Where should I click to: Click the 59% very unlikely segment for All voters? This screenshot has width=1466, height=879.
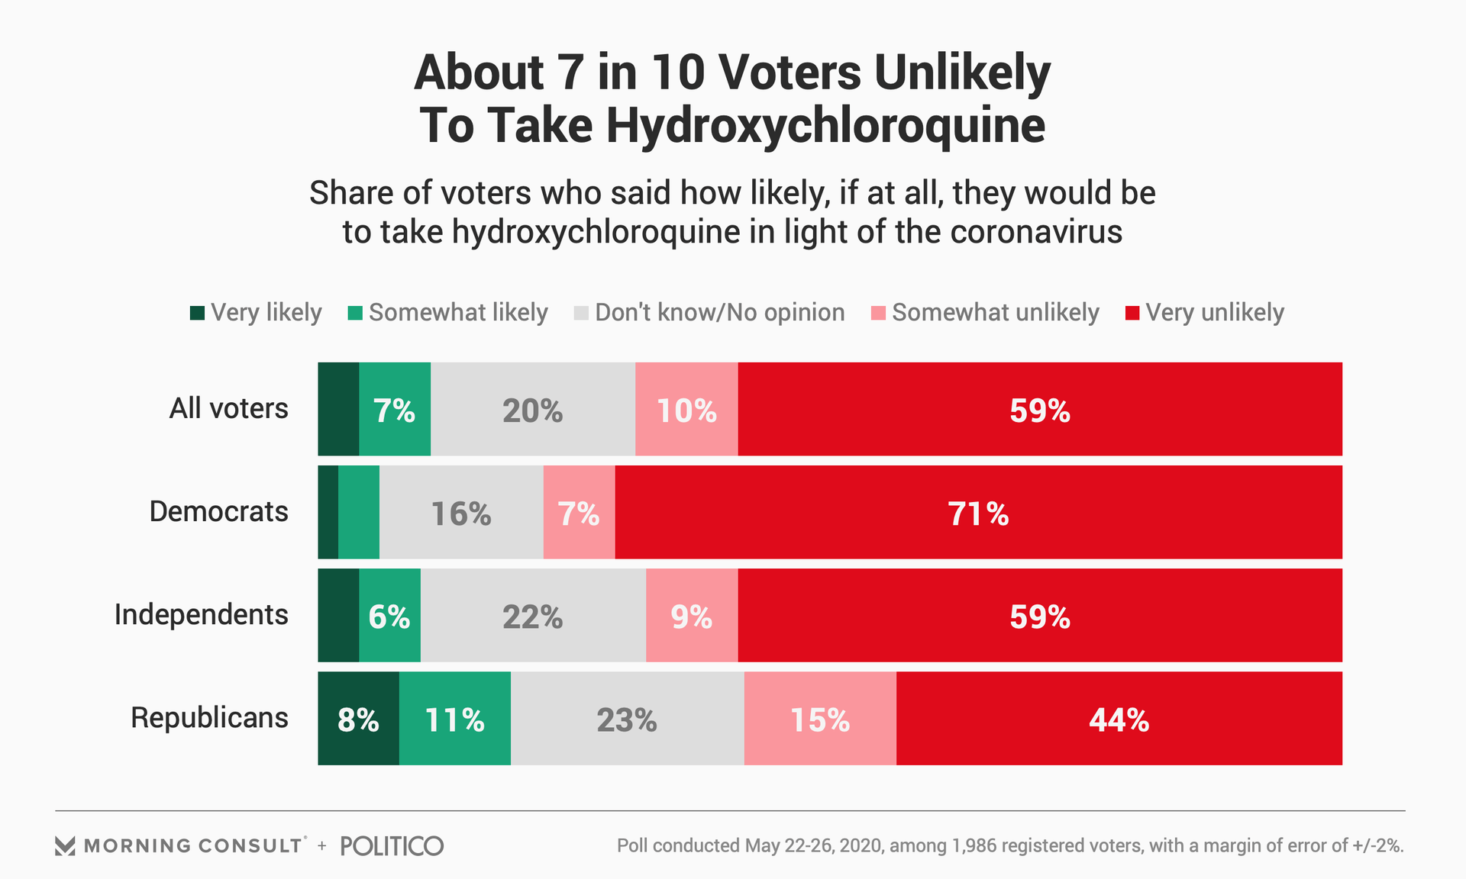[x=1040, y=410]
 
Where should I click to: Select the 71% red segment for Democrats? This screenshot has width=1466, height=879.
[x=978, y=513]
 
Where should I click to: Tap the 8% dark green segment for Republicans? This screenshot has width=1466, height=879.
[x=358, y=719]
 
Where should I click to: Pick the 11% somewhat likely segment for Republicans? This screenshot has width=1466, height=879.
[x=455, y=719]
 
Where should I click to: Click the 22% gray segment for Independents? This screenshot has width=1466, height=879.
[x=533, y=616]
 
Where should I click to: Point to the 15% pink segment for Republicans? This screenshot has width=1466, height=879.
[x=820, y=719]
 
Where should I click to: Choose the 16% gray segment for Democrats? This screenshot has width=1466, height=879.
[x=461, y=513]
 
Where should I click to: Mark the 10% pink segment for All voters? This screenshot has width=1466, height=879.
[x=686, y=410]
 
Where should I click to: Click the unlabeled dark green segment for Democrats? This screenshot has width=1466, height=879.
[x=328, y=513]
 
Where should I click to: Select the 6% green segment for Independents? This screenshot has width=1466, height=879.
[x=389, y=616]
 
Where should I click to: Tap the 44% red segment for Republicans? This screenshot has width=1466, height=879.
[x=1119, y=719]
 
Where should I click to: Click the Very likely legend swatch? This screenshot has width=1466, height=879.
[x=197, y=313]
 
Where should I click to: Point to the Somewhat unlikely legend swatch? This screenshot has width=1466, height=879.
[x=878, y=313]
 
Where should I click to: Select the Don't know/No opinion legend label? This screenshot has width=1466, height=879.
[x=719, y=313]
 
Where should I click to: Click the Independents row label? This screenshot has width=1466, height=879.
[x=202, y=614]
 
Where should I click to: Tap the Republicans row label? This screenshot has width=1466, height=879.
[x=209, y=717]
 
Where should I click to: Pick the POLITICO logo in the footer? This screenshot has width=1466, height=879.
[x=392, y=845]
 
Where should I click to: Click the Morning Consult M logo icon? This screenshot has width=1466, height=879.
[x=65, y=845]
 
